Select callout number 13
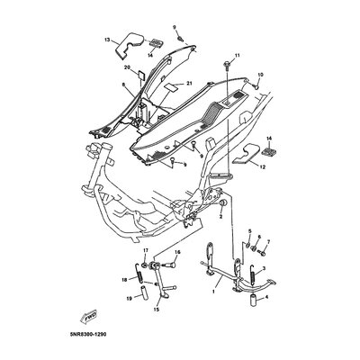click(x=106, y=40)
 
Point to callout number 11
click(x=238, y=57)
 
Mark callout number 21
click(x=190, y=84)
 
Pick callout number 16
click(x=177, y=253)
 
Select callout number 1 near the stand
click(x=213, y=292)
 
